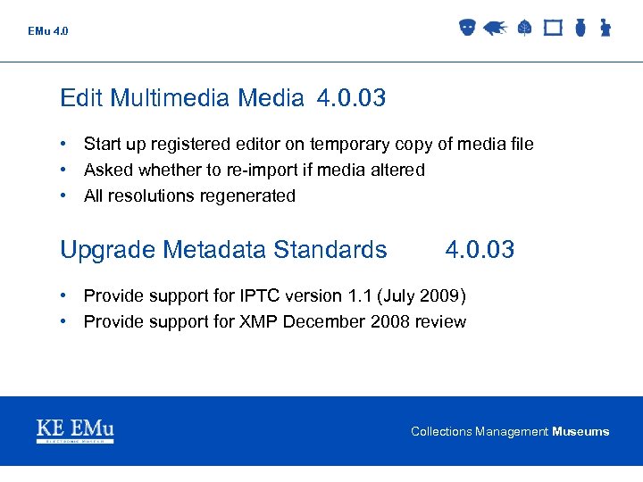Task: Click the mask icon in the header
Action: pyautogui.click(x=466, y=28)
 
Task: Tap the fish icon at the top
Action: pyautogui.click(x=495, y=29)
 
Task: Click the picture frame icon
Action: pyautogui.click(x=553, y=28)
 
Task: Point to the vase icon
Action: pyautogui.click(x=580, y=28)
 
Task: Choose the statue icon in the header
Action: pyautogui.click(x=605, y=28)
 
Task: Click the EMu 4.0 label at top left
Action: pyautogui.click(x=47, y=31)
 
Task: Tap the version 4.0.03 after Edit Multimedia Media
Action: pyautogui.click(x=351, y=98)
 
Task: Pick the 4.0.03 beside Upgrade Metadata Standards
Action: pyautogui.click(x=480, y=250)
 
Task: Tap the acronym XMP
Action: pyautogui.click(x=259, y=321)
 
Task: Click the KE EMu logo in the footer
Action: pyautogui.click(x=75, y=431)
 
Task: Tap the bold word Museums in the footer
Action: pyautogui.click(x=580, y=432)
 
